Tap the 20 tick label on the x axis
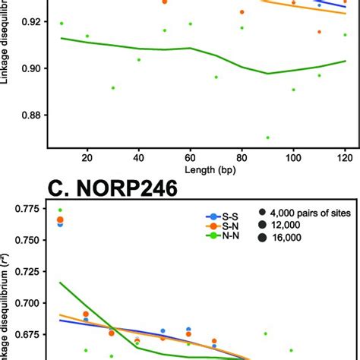(x=87, y=156)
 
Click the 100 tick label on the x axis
(x=292, y=156)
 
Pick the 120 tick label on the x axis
(x=344, y=156)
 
